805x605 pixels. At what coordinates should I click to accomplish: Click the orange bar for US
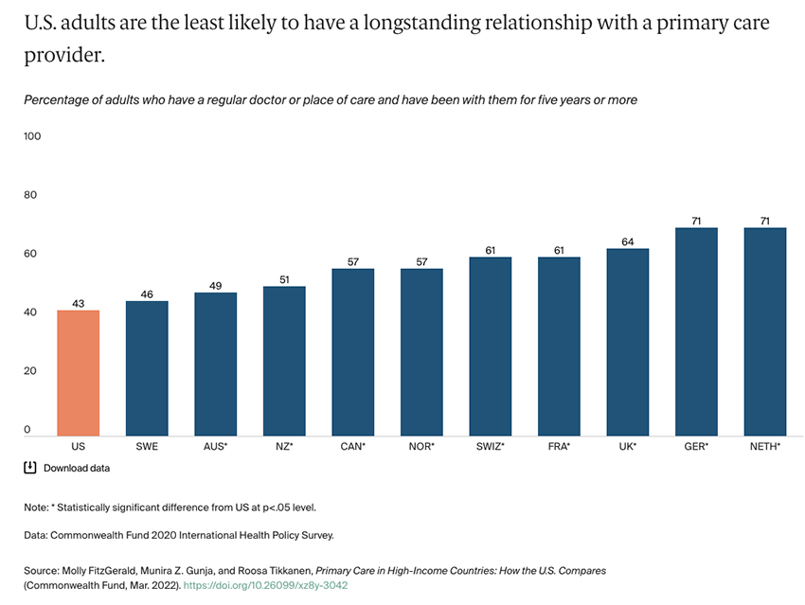click(x=78, y=372)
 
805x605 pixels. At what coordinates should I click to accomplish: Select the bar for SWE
click(x=147, y=367)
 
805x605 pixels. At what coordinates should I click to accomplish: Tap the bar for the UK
click(x=627, y=341)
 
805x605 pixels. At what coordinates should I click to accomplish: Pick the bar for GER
click(x=696, y=330)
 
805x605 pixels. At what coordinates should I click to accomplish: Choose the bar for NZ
click(x=284, y=360)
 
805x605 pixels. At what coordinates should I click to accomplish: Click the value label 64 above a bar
click(x=627, y=241)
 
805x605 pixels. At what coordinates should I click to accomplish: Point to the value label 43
click(x=78, y=303)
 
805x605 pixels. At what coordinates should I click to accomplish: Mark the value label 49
click(x=215, y=285)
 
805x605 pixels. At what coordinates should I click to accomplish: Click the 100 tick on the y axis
click(x=33, y=136)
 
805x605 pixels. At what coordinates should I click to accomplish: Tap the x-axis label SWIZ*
click(x=490, y=445)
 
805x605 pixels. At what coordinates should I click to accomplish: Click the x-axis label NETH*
click(x=764, y=445)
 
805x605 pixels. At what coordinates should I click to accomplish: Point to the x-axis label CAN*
click(x=352, y=445)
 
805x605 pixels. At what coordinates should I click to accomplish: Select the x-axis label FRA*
click(x=559, y=445)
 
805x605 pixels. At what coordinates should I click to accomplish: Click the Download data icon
click(x=30, y=468)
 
